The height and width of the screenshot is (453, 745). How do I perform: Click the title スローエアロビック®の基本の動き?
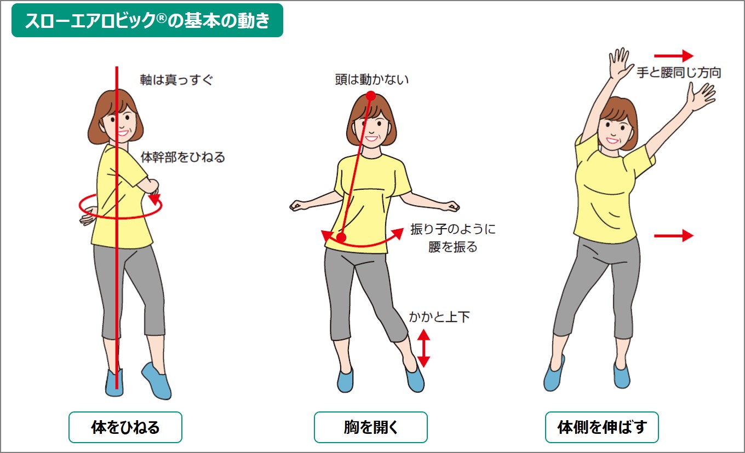(147, 20)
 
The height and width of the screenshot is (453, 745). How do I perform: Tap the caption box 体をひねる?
(125, 427)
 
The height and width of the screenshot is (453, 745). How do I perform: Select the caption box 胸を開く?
(370, 427)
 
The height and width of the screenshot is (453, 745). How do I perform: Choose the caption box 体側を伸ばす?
(601, 427)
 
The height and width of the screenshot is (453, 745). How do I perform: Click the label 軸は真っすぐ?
(176, 80)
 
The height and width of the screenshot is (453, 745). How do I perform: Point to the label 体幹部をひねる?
(183, 158)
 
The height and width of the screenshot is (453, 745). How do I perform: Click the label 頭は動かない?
(372, 80)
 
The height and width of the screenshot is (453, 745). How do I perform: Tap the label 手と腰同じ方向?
(678, 72)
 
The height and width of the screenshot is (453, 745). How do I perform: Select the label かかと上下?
(439, 317)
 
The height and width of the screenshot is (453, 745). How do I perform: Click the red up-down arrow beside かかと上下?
(423, 347)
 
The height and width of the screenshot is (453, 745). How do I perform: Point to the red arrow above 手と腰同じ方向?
(674, 56)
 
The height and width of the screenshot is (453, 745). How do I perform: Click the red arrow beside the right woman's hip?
(674, 236)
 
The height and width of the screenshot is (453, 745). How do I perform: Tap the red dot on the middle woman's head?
(371, 96)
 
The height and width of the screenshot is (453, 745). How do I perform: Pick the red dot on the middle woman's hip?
(341, 238)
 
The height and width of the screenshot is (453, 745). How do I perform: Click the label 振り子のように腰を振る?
(452, 238)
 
